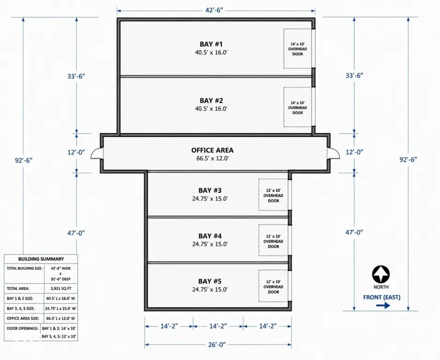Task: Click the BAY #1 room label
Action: pyautogui.click(x=211, y=44)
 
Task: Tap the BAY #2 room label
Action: pyautogui.click(x=211, y=100)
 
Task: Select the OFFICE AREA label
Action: pyautogui.click(x=212, y=150)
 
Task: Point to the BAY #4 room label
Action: pyautogui.click(x=210, y=236)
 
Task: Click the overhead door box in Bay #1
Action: pyautogui.click(x=298, y=49)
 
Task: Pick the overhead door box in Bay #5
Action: pyautogui.click(x=273, y=286)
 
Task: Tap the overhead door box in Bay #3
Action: pyautogui.click(x=273, y=195)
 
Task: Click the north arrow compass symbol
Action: pyautogui.click(x=381, y=274)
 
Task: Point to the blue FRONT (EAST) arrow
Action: pyautogui.click(x=383, y=306)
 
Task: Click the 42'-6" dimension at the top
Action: pyautogui.click(x=214, y=10)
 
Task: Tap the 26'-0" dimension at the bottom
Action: pyautogui.click(x=217, y=345)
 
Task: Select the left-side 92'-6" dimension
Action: pyautogui.click(x=24, y=160)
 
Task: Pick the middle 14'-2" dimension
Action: pyautogui.click(x=218, y=326)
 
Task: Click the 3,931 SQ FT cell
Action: pyautogui.click(x=60, y=288)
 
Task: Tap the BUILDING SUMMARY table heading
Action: pyautogui.click(x=41, y=259)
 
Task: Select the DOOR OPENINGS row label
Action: pyautogui.click(x=22, y=328)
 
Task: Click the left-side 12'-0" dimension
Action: pyautogui.click(x=76, y=152)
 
